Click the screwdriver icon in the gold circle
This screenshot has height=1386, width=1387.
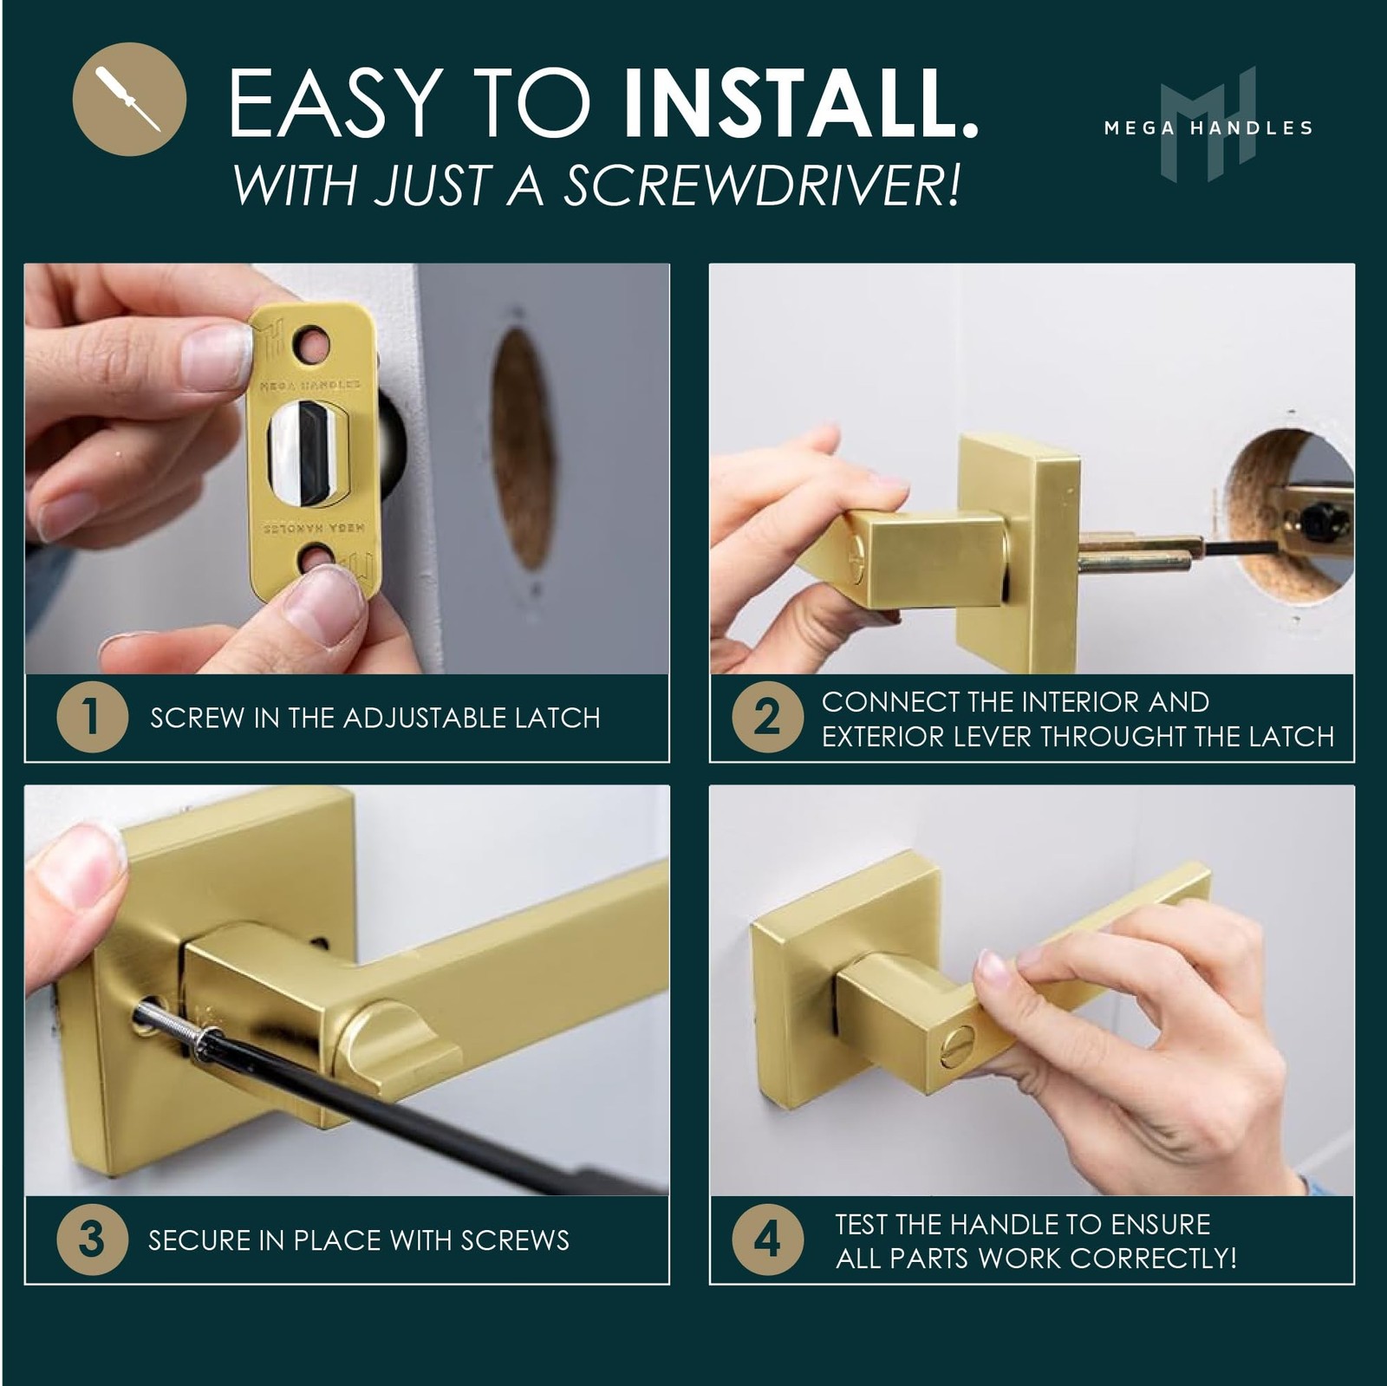129,99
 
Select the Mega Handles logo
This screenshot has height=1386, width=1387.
1208,125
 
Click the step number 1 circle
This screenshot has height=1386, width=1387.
92,717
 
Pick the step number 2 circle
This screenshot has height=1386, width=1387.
767,717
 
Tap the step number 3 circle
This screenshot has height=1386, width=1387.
92,1239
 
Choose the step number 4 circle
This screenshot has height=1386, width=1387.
767,1239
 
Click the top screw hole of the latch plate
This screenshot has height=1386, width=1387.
312,345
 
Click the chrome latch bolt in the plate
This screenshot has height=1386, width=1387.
308,454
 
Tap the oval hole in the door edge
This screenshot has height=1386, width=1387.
523,447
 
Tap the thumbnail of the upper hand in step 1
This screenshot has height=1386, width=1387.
214,357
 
